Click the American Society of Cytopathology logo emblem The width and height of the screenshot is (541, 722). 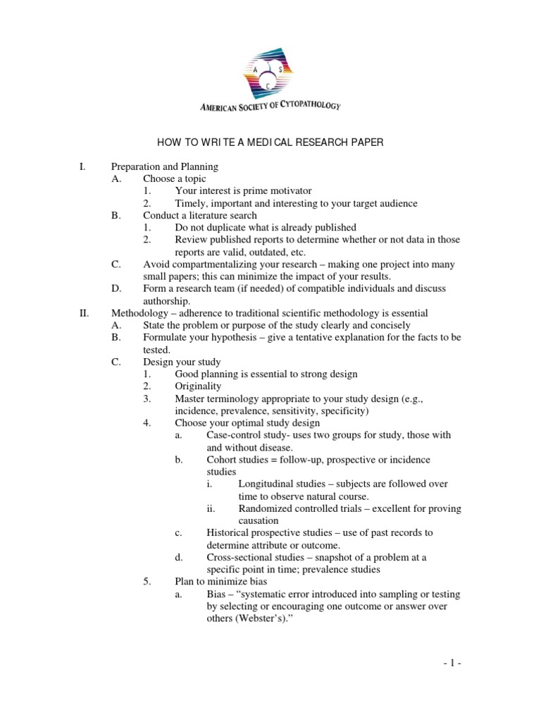click(270, 68)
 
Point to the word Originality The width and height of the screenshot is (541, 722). click(198, 386)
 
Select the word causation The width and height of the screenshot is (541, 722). click(259, 521)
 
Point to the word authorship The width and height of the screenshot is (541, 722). click(166, 301)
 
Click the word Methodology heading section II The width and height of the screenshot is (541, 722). click(141, 313)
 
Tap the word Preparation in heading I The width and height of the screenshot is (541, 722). click(137, 167)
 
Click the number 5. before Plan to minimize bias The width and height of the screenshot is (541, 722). click(147, 582)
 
